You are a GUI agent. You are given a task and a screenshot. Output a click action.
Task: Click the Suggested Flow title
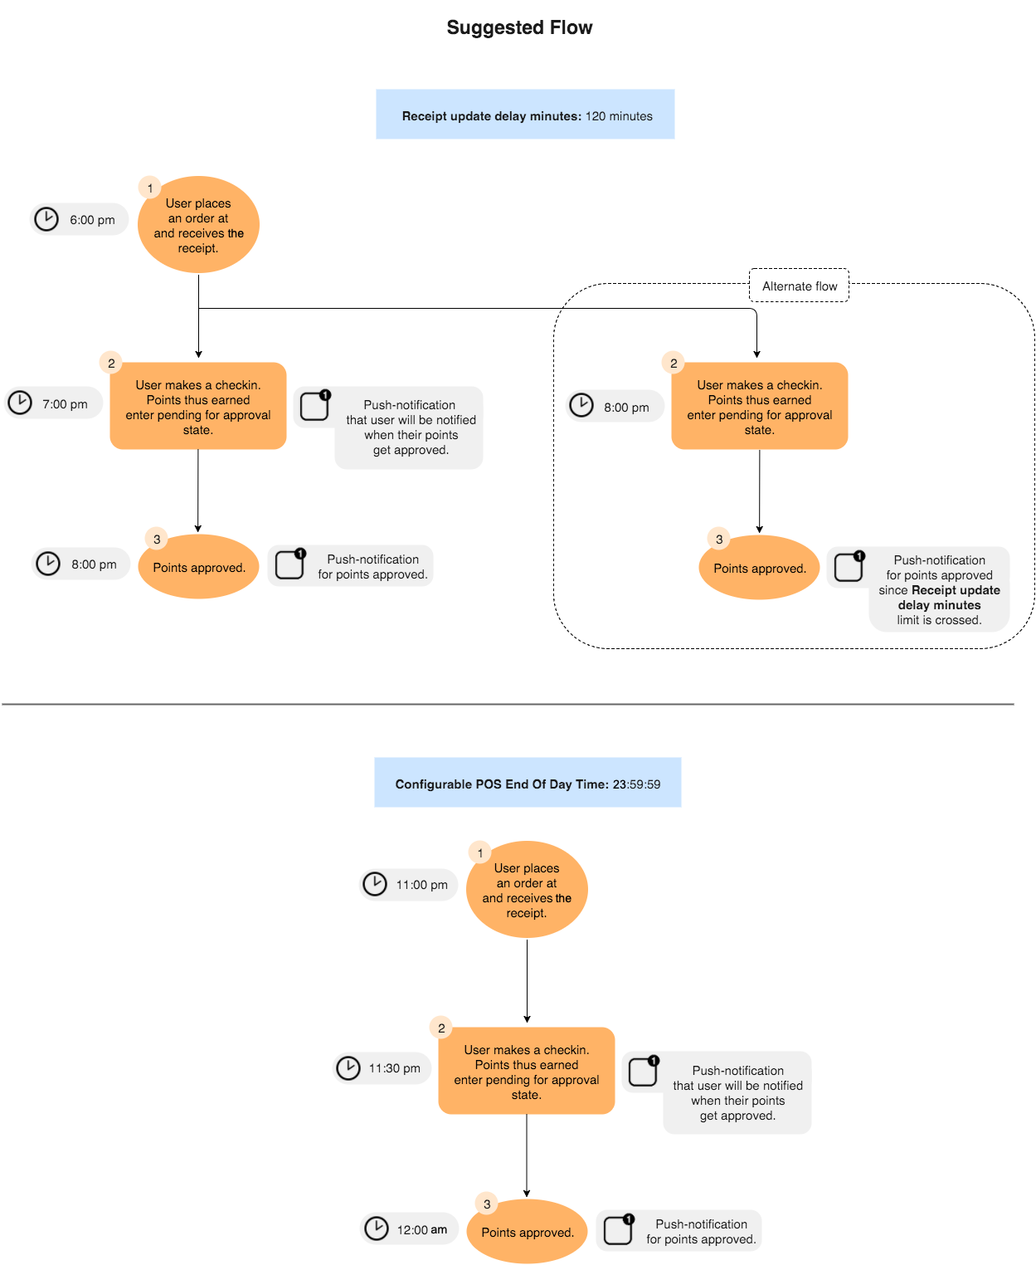point(519,27)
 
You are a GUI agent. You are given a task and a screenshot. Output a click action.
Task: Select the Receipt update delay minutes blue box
point(525,115)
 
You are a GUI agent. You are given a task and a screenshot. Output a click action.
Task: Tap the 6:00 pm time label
point(92,220)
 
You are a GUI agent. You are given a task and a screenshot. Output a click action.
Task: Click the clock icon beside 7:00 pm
point(20,403)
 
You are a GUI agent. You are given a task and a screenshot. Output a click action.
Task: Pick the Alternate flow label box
point(799,286)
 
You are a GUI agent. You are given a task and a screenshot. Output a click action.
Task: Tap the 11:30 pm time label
point(394,1068)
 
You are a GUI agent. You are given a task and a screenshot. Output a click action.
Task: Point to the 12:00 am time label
point(421,1230)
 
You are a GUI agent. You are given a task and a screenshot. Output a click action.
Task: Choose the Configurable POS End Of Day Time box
point(528,783)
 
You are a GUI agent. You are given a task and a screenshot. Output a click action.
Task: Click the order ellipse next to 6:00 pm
point(198,225)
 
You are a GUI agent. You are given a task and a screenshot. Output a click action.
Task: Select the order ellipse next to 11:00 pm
point(527,890)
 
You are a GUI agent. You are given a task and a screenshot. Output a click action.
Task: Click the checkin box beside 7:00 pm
point(198,407)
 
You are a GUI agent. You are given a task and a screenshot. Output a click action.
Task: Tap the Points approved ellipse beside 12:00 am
point(528,1232)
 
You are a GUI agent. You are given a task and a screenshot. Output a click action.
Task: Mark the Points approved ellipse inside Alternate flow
point(760,569)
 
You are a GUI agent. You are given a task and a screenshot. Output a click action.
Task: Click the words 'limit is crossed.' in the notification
point(939,620)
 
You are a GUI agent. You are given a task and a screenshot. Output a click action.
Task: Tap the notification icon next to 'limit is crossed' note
point(849,567)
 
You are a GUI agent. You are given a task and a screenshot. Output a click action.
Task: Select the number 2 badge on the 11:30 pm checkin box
point(441,1028)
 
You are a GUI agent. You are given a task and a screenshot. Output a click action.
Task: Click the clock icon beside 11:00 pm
point(375,884)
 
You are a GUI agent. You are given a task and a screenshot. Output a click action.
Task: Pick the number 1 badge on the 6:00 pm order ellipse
point(149,188)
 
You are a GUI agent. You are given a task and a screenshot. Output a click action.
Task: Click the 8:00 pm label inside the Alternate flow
point(626,408)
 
